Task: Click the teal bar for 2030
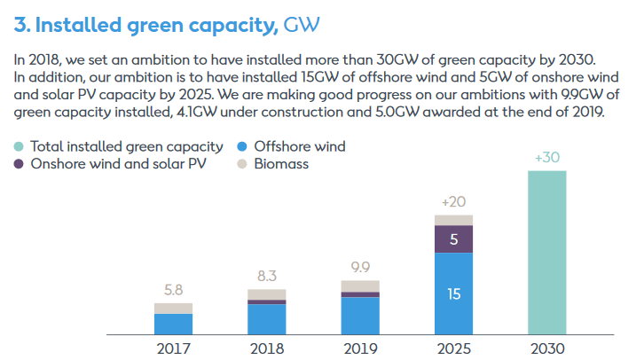coord(546,252)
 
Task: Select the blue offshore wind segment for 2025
coord(453,293)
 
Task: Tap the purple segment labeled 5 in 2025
coord(453,239)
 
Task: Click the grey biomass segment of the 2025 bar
coord(453,220)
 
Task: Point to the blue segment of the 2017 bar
coord(173,324)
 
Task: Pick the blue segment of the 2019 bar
coord(360,316)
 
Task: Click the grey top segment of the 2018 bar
coord(266,294)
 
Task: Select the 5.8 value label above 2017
coord(173,288)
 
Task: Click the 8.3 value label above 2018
coord(266,275)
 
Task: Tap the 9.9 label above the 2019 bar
coord(360,266)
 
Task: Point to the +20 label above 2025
coord(453,200)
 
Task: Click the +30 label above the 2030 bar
coord(546,157)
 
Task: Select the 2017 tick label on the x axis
coord(173,348)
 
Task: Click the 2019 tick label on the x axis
coord(360,348)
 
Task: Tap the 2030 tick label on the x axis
coord(546,348)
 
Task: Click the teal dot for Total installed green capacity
coord(19,146)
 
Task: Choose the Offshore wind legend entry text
coord(299,146)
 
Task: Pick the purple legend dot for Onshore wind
coord(19,164)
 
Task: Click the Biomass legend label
coord(282,164)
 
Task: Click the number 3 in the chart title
coord(20,27)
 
